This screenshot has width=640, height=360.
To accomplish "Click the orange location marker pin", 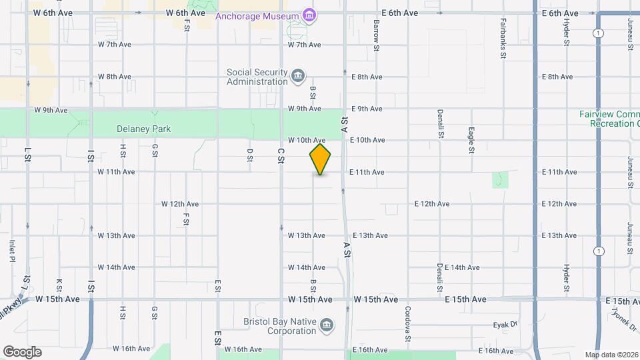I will pyautogui.click(x=321, y=159).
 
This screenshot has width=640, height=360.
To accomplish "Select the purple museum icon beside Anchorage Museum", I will pyautogui.click(x=309, y=14).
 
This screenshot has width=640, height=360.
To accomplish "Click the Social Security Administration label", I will pyautogui.click(x=257, y=77).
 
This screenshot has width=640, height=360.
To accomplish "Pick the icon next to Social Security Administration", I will pyautogui.click(x=298, y=77).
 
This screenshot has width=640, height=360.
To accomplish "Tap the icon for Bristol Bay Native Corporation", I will pyautogui.click(x=327, y=325).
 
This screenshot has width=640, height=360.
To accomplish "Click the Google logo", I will pyautogui.click(x=22, y=351).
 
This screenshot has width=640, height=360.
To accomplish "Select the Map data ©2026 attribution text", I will pyautogui.click(x=611, y=355).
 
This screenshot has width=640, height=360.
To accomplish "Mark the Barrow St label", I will pyautogui.click(x=376, y=35).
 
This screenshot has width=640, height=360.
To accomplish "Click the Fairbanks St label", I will pyautogui.click(x=503, y=40).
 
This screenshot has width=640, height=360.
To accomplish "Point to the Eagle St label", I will pyautogui.click(x=471, y=140).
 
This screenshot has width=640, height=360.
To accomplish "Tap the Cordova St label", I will pyautogui.click(x=407, y=321).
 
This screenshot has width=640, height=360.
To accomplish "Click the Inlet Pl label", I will pyautogui.click(x=12, y=251).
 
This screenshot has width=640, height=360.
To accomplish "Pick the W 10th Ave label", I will pyautogui.click(x=307, y=140).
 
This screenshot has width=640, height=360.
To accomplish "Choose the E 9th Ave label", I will pyautogui.click(x=366, y=109).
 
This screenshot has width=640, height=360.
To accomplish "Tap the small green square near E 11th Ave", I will pyautogui.click(x=501, y=180).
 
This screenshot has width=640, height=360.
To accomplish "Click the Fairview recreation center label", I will pyautogui.click(x=609, y=119).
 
